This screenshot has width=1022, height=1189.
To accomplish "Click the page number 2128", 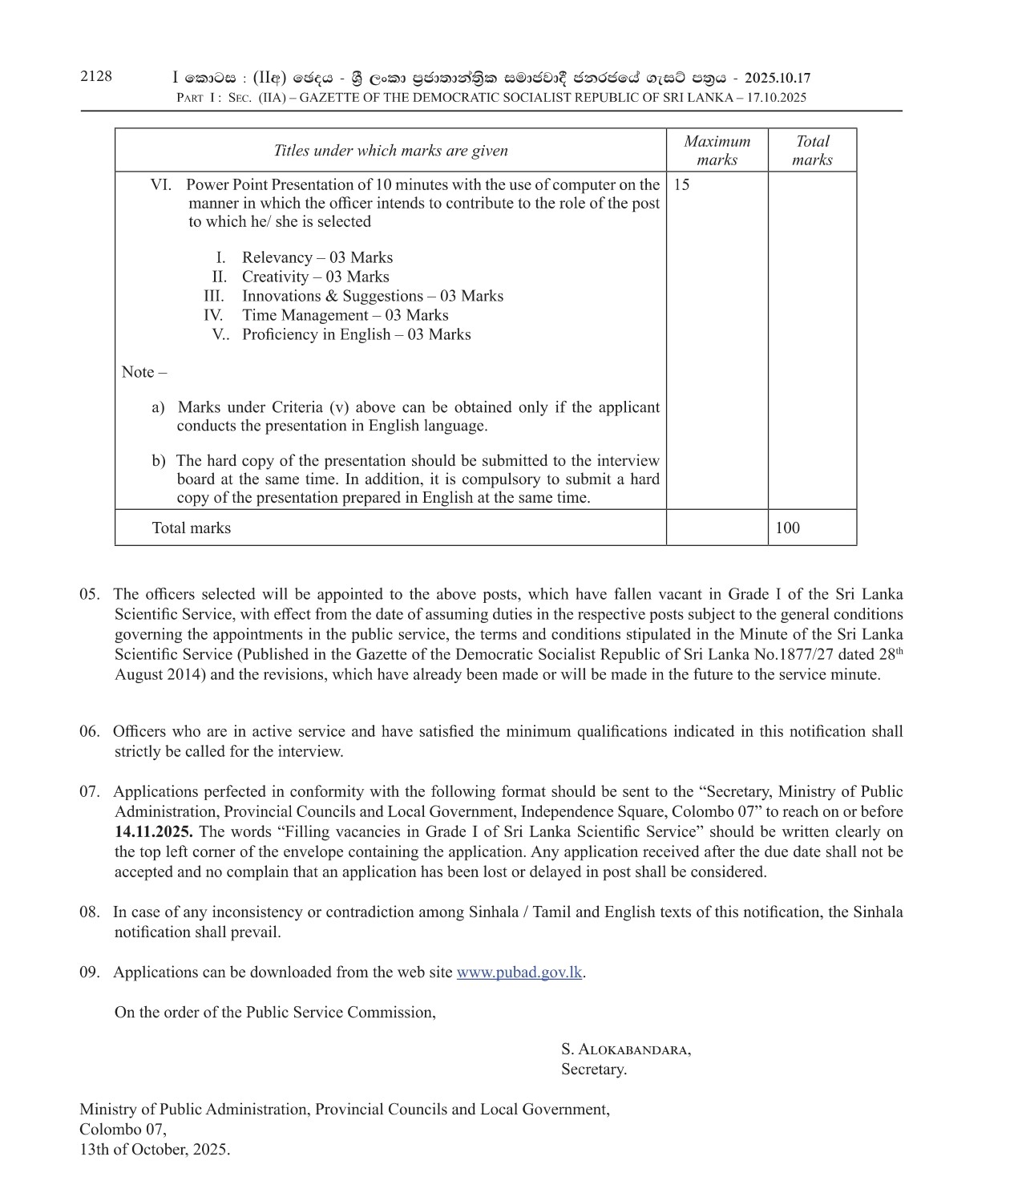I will [x=96, y=76].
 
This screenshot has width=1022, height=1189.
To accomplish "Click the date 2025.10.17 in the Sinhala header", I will [x=777, y=78].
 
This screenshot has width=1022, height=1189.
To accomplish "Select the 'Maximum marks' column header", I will [x=717, y=150].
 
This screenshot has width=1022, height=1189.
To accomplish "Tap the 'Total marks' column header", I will [x=812, y=150].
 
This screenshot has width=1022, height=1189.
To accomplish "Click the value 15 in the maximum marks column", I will [x=681, y=184].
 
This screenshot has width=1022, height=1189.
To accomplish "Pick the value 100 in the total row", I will [x=787, y=528].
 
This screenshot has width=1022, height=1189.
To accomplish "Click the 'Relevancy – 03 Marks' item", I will [x=317, y=257].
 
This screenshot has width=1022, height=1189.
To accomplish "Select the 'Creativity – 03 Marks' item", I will [x=315, y=277].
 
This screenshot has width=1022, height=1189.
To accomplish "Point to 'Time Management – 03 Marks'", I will [x=345, y=315].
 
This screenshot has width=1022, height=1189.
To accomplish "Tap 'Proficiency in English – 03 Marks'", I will [x=356, y=334].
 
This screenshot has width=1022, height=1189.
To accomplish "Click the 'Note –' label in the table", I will [x=144, y=372].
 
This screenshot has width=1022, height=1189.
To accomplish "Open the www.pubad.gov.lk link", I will [x=519, y=972].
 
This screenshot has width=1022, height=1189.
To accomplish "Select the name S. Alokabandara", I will [x=625, y=1049].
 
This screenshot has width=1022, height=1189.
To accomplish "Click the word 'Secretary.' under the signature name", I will [x=593, y=1069].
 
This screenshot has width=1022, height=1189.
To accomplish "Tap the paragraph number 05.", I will [x=89, y=594].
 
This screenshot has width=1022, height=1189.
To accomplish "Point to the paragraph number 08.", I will [x=89, y=912].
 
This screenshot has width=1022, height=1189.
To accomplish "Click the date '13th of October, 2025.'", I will [x=154, y=1149].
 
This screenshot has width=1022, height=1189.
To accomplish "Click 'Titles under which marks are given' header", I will [x=390, y=150].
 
